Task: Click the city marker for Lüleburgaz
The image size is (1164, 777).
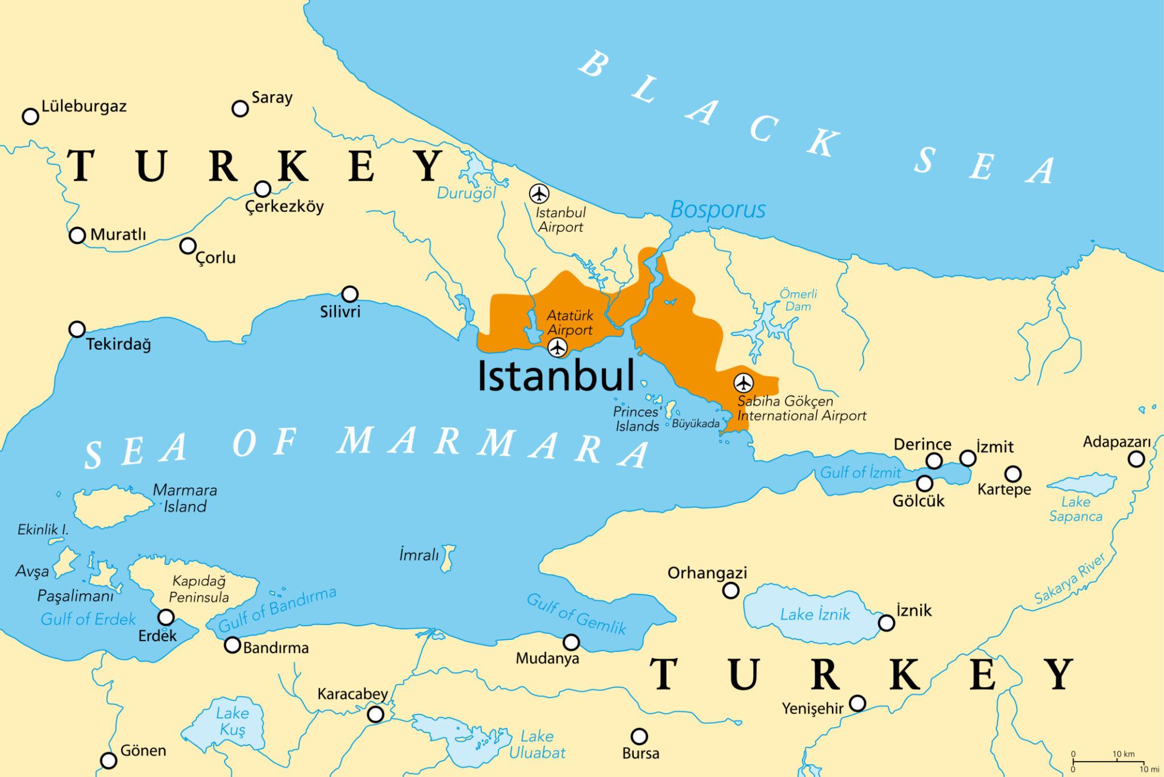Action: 30,117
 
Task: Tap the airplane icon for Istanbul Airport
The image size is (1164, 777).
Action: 539,194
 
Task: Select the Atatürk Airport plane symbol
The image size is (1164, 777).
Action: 558,347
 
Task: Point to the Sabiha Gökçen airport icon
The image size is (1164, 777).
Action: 743,383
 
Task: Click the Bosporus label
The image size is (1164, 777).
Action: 718,210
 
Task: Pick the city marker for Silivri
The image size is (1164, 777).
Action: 350,294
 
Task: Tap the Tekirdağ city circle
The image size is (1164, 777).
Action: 77,329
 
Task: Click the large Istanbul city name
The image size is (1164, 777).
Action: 555,376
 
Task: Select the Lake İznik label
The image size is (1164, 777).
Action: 815,614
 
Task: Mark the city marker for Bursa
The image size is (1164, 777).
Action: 639,736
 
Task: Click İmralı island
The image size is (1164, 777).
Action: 448,557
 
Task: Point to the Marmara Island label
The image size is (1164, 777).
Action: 185,498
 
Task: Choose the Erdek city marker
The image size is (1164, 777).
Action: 166,617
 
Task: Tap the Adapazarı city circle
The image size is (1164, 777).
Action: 1136,459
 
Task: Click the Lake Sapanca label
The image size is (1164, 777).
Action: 1075,509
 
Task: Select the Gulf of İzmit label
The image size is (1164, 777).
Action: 860,472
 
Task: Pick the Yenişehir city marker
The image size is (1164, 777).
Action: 857,704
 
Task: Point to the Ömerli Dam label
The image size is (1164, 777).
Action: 798,300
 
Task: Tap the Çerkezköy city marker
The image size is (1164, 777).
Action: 263,189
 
